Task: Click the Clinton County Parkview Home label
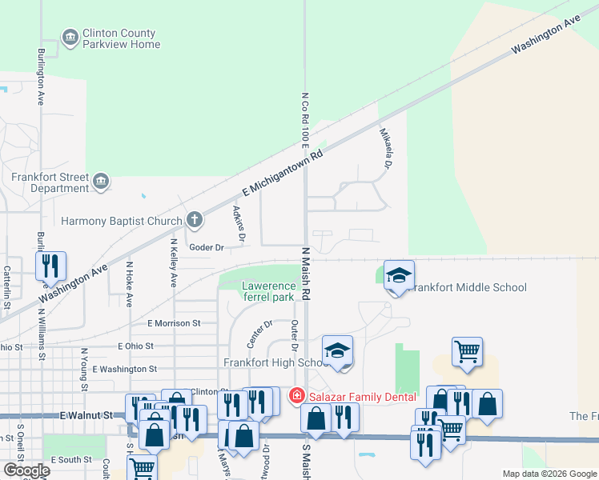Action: tap(121, 38)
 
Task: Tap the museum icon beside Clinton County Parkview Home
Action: tap(70, 37)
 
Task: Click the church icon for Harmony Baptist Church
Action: tap(194, 219)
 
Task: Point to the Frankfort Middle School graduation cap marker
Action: tap(399, 276)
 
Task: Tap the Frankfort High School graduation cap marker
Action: tap(338, 350)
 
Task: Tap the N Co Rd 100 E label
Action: tap(305, 121)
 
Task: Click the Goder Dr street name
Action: tap(206, 247)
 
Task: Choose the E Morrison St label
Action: tap(174, 323)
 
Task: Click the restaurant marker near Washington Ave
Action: tap(50, 266)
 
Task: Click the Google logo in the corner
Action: tap(26, 470)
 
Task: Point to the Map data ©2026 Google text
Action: tap(549, 474)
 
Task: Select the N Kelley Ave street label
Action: tap(172, 262)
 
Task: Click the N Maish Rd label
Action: tap(305, 274)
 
